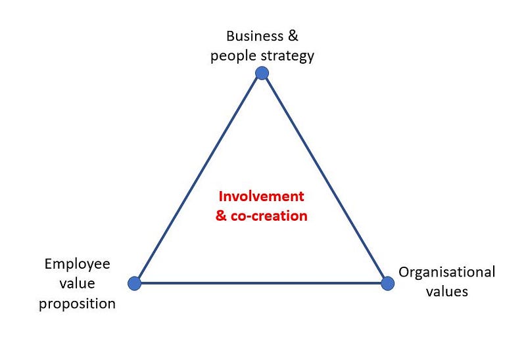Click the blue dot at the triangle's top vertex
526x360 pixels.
pos(262,72)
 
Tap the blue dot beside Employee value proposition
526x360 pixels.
pos(135,283)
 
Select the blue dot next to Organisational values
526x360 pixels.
pos(387,283)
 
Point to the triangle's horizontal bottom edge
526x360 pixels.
pos(261,283)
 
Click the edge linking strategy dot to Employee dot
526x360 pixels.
pos(198,178)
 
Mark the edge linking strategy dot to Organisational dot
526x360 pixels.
pos(325,178)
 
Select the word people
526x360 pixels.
pos(231,56)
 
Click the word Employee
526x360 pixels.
pos(77,264)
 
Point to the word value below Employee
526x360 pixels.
pos(78,284)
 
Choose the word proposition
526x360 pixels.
pos(77,304)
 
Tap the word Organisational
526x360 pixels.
pos(447,272)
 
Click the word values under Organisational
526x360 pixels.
pos(447,292)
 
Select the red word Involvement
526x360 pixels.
pos(261,196)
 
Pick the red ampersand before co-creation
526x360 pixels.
pos(224,215)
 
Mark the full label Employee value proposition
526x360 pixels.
pos(77,284)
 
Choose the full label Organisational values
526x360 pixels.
pos(447,282)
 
